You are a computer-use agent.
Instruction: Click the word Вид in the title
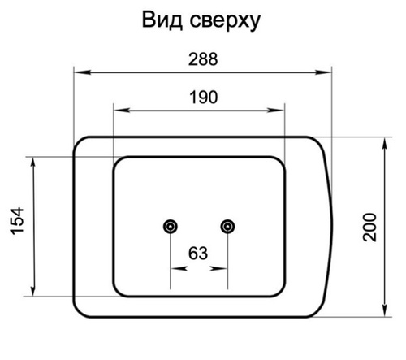pos(162,20)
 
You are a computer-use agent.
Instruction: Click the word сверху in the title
pos(225,22)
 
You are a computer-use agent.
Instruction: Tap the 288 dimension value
pos(203,59)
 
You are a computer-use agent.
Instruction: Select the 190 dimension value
pos(203,98)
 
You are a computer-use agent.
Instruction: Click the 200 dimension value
pos(369,228)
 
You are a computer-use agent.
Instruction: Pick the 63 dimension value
pos(198,254)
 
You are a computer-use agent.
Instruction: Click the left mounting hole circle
pos(171,227)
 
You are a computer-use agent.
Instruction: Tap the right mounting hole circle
pos(227,227)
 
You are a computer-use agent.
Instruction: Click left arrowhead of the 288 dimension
pos(82,72)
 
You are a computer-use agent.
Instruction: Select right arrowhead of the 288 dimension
pos(323,72)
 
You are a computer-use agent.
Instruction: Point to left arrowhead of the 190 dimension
pos(122,111)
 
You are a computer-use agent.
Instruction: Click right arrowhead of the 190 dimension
pos(276,111)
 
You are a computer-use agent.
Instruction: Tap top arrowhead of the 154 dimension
pos(33,165)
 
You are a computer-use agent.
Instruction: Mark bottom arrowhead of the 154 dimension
pos(33,288)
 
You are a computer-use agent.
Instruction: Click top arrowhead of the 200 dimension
pos(385,145)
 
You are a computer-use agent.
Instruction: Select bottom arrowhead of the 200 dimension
pos(385,309)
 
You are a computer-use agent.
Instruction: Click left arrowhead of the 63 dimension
pos(179,268)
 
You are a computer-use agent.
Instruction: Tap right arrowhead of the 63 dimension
pos(218,268)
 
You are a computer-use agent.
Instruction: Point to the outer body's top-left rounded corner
pos(78,142)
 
